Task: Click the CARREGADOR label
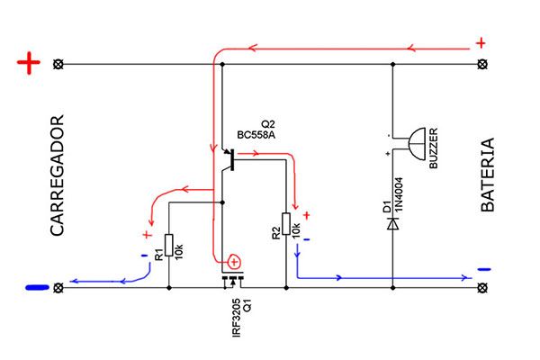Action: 57,175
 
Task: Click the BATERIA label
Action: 488,175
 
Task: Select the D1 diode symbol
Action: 392,221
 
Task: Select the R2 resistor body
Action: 286,224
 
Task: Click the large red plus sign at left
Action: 30,64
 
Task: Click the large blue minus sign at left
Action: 37,288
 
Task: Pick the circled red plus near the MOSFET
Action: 233,262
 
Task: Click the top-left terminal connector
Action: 59,65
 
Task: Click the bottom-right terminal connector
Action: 481,288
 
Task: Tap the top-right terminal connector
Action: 481,65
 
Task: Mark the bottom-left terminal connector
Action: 59,288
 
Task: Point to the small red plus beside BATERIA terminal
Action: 481,42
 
